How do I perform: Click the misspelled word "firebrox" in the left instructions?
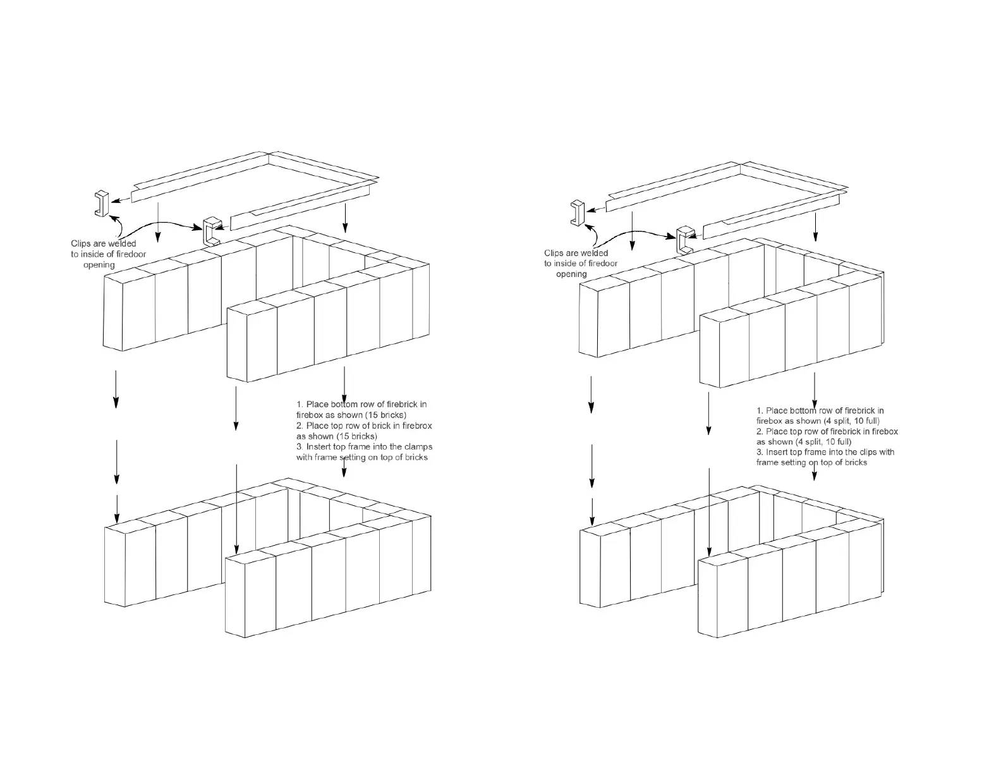(x=416, y=426)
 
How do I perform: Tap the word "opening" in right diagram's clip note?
(x=571, y=274)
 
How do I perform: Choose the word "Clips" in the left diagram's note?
(x=82, y=243)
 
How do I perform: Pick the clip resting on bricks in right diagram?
(x=684, y=239)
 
